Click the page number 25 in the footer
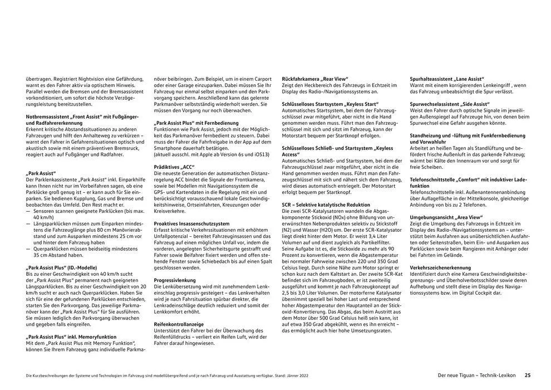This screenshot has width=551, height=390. click(x=528, y=375)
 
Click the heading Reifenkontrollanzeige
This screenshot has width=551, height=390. click(x=179, y=324)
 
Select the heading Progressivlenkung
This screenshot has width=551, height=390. click(x=175, y=280)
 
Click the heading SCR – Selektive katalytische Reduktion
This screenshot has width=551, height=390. click(x=326, y=204)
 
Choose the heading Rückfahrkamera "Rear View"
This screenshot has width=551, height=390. click(x=315, y=79)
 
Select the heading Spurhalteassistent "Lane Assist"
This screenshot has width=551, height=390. click(x=447, y=79)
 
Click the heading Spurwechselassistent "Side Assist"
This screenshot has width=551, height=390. click(x=450, y=104)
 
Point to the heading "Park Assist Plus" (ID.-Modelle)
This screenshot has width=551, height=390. click(x=62, y=267)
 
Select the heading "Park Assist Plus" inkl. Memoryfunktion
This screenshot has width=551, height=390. click(x=71, y=337)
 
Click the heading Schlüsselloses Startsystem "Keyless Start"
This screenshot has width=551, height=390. click(x=331, y=104)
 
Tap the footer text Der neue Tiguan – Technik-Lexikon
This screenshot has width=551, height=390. click(x=478, y=375)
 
